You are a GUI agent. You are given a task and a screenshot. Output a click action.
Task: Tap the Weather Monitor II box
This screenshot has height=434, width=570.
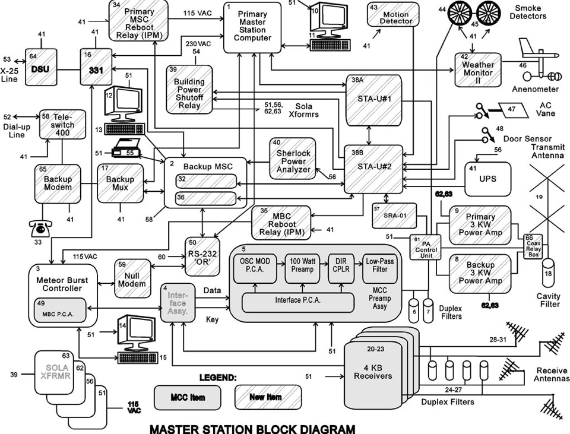478,68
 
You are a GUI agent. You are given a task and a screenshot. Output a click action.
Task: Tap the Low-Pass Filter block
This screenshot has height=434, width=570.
379,266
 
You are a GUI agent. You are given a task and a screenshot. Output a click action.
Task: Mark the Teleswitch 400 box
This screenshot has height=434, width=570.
59,123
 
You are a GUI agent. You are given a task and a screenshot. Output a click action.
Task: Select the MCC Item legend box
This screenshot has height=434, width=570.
187,396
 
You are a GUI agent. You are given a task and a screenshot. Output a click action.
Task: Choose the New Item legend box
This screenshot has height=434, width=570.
266,396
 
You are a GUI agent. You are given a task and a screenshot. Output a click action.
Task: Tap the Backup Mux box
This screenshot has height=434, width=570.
121,183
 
